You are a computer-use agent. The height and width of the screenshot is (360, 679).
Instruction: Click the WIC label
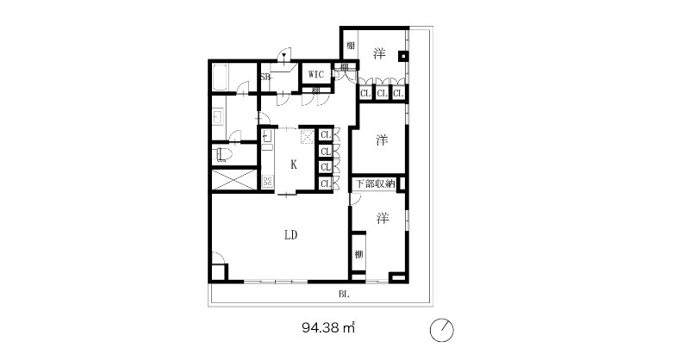point(316,74)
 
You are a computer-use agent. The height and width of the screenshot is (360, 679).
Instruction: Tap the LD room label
point(290,235)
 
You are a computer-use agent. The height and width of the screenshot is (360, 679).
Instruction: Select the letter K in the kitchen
point(294,164)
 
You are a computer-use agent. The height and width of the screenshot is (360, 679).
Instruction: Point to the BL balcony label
point(344,295)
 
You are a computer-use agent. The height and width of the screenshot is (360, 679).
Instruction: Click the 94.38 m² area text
point(328,327)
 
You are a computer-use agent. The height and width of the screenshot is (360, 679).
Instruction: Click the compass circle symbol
point(441,331)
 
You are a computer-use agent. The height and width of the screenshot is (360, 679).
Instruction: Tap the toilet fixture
point(222,154)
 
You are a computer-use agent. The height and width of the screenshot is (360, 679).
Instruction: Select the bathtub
point(221,78)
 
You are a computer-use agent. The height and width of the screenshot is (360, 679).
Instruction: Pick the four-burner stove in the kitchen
point(267,181)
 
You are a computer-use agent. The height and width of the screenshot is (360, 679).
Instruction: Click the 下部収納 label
point(376,183)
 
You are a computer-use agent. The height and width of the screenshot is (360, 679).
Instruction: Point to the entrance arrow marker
point(284,56)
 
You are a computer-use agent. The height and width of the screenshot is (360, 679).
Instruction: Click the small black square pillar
point(402,55)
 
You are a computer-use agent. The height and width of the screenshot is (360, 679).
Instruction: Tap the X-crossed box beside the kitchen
point(234,181)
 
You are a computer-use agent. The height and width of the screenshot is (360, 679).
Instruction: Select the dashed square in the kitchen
point(307,136)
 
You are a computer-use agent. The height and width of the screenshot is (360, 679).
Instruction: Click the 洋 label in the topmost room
point(379,54)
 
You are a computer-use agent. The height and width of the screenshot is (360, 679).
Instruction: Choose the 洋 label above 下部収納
point(382,140)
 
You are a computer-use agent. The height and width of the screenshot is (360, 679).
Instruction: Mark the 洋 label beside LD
point(382,218)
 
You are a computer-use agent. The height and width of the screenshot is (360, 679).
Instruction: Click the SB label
point(265,77)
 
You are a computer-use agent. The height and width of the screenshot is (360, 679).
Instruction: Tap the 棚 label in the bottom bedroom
point(358,254)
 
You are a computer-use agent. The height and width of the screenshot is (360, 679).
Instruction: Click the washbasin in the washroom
point(218,117)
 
